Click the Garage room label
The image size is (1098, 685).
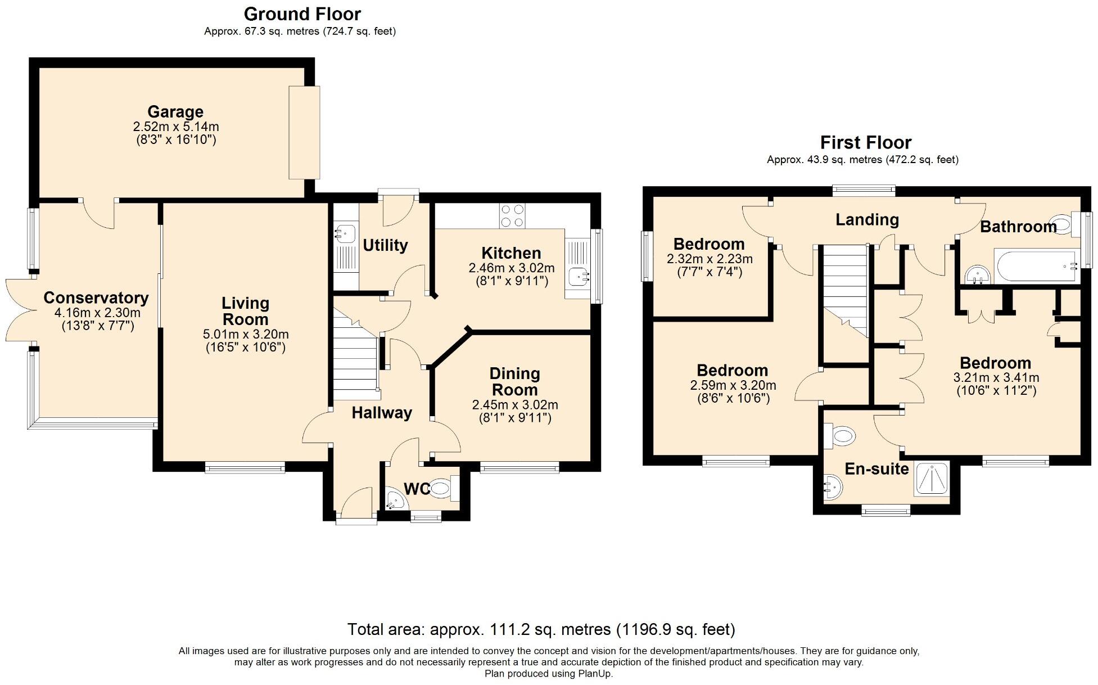[175, 112]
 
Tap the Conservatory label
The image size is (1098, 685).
[96, 298]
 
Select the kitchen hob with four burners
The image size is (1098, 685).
[512, 216]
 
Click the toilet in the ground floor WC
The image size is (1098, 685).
[444, 488]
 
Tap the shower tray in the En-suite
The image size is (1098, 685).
[932, 479]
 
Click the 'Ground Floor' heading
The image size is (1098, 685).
[302, 13]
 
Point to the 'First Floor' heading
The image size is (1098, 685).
[866, 142]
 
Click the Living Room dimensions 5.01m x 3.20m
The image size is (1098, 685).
[246, 335]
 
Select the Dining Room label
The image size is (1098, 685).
[515, 381]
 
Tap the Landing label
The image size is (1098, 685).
[867, 219]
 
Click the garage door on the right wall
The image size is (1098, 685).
[305, 133]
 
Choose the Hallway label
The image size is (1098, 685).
[382, 413]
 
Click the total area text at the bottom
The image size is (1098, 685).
[541, 629]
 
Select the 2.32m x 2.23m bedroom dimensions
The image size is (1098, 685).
[710, 259]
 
